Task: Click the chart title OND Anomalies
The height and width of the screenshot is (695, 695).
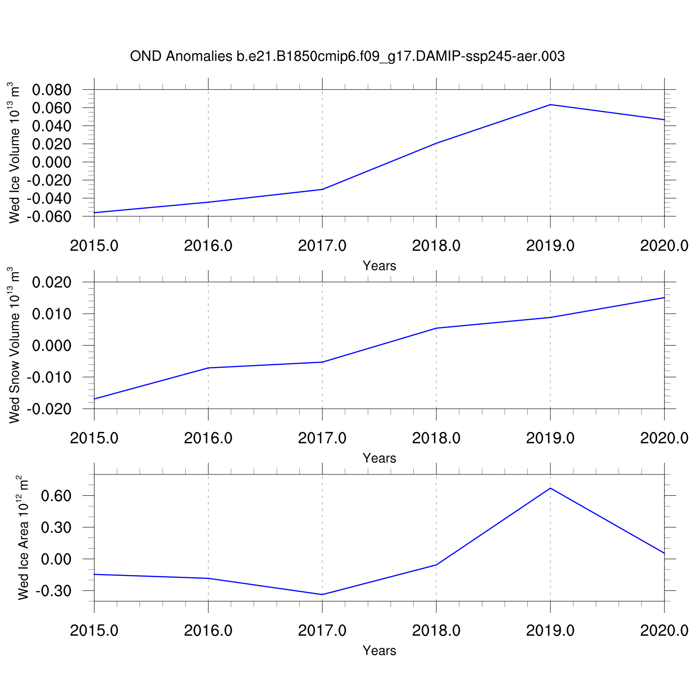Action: (x=347, y=57)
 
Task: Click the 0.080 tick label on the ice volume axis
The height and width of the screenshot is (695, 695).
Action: (x=51, y=89)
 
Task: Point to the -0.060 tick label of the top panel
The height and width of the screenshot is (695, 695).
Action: (x=50, y=216)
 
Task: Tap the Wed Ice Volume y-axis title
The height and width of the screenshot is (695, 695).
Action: (x=15, y=153)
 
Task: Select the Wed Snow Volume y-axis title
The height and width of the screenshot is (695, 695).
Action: (x=15, y=345)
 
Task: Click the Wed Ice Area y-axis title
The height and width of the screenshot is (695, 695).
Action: (x=23, y=537)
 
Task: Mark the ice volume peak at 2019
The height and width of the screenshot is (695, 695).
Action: (x=550, y=105)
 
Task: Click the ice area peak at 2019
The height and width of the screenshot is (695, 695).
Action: (x=550, y=488)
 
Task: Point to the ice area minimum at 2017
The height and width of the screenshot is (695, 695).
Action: (x=322, y=594)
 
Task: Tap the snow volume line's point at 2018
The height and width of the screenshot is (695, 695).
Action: (x=436, y=328)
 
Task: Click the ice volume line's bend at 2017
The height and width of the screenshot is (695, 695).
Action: (x=322, y=189)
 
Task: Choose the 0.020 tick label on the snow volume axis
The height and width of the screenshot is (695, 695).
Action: (x=51, y=282)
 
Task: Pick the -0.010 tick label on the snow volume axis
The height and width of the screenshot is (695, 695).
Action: (x=50, y=378)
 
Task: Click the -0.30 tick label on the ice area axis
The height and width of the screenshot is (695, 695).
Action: (x=54, y=591)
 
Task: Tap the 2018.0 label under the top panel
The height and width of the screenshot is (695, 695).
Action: (x=436, y=246)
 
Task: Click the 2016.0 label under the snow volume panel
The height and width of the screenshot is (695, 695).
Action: (x=208, y=438)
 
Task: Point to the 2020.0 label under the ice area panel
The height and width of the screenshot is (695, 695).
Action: (x=664, y=631)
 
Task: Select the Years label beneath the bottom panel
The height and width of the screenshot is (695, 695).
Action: (x=379, y=651)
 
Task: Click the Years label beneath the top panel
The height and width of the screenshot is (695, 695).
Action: (x=379, y=266)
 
